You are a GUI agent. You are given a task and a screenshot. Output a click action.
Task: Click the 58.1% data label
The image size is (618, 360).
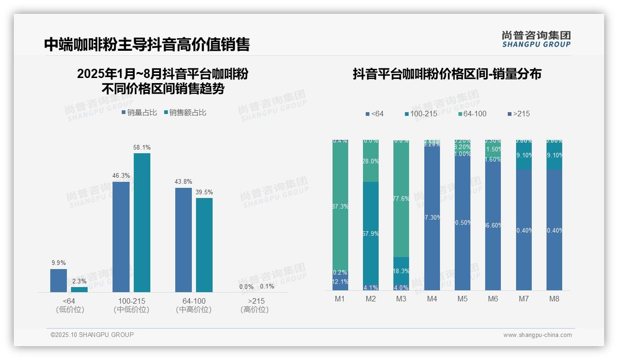click(142, 148)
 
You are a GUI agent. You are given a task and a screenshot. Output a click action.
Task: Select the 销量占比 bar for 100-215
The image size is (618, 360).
click(121, 237)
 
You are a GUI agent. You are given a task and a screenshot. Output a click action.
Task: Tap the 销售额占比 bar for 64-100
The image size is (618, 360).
click(204, 245)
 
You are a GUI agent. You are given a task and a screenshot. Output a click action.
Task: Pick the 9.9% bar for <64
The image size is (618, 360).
click(59, 281)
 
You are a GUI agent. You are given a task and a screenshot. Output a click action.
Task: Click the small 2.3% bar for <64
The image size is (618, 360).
click(79, 289)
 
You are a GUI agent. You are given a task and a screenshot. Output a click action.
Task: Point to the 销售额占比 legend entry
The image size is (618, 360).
click(185, 113)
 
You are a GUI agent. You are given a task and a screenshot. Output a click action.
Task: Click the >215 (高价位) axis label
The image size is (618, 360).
click(255, 305)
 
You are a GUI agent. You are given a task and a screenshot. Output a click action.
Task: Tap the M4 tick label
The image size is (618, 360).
click(432, 299)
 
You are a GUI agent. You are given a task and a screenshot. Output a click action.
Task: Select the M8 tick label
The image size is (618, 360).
click(554, 299)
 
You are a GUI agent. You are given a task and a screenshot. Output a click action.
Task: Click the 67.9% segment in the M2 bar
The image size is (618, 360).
click(371, 233)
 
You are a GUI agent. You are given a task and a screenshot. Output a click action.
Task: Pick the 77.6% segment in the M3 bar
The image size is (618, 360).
click(401, 198)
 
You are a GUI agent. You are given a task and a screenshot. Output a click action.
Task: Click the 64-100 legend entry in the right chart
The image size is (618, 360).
click(472, 114)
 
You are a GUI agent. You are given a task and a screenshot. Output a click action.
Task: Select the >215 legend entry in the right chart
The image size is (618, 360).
click(518, 114)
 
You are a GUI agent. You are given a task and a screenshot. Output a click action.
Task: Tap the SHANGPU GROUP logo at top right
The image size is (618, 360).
click(536, 39)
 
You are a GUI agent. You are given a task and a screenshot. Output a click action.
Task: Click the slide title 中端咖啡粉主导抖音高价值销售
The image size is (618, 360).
click(147, 44)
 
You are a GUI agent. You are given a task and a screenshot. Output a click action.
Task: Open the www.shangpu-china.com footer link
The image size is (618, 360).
click(537, 335)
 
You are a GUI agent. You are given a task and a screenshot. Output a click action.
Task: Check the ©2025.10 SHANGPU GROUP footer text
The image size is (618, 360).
click(92, 335)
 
